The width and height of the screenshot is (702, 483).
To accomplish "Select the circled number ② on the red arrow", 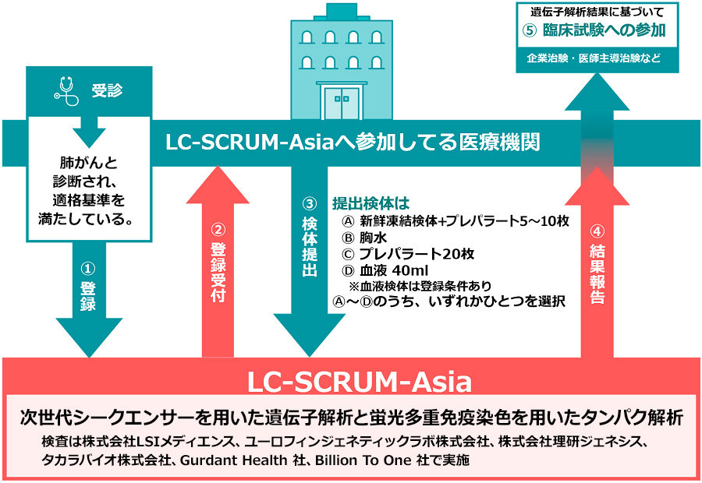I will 218,231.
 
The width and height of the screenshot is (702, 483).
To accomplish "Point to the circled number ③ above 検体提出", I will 309,204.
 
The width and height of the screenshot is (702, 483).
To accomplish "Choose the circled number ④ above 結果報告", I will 597,231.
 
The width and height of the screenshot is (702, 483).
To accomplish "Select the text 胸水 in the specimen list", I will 372,238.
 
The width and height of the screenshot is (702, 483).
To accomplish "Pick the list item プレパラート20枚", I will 417,254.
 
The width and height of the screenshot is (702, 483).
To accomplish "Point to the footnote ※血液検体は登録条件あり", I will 420,285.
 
